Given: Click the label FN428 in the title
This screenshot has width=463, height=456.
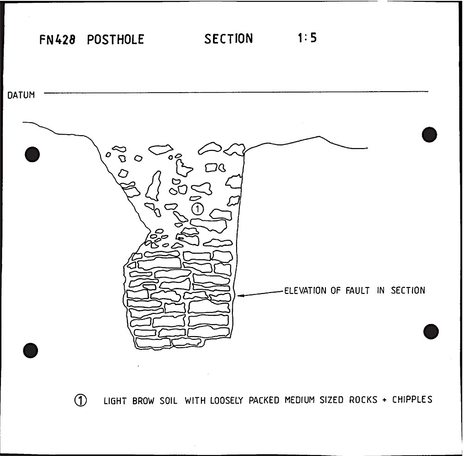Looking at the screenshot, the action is tap(57, 39).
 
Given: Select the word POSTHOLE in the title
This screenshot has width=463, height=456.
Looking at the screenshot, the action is tap(115, 39).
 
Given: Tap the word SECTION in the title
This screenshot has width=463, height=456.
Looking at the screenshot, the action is tap(229, 39).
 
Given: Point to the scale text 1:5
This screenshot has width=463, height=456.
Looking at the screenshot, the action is tap(307, 38).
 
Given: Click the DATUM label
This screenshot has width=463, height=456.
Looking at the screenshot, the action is tap(21, 95).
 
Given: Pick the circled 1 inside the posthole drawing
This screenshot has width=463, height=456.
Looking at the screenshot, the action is tap(198, 209).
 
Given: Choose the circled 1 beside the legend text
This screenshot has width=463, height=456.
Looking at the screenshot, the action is tap(80, 400).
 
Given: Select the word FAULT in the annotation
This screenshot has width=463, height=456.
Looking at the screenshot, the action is tap(357, 291).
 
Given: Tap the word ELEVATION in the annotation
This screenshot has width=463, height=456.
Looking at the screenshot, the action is tap(305, 291).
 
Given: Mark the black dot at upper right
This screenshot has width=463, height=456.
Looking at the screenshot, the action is tap(429, 135).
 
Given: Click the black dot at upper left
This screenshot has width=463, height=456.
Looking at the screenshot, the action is tap(32, 154).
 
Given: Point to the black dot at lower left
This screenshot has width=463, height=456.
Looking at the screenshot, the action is tap(31, 350).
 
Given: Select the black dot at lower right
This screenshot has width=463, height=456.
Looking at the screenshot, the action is tap(431, 331).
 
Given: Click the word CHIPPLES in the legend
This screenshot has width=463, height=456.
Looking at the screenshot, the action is tap(412, 400).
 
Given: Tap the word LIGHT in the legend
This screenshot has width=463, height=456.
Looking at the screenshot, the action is tap(115, 401).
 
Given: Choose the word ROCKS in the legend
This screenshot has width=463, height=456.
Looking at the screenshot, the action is tap(363, 400).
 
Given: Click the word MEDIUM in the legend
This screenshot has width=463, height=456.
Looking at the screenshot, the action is tap(300, 400).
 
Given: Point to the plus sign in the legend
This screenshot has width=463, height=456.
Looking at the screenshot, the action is tap(384, 400).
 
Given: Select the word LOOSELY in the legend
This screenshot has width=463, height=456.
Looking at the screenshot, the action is tap(226, 400).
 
